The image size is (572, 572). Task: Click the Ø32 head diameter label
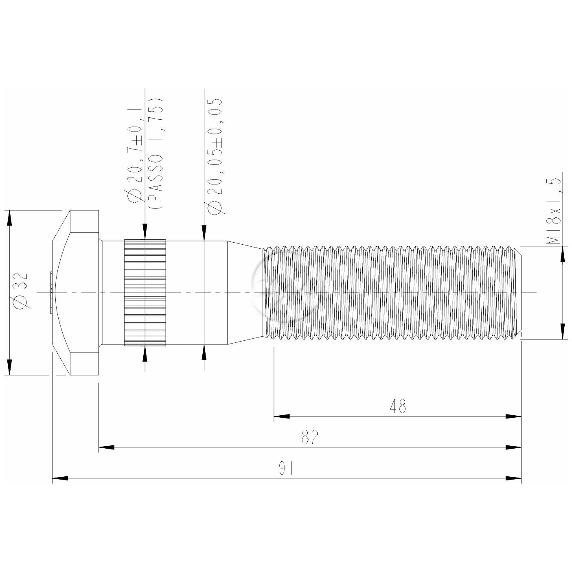22,291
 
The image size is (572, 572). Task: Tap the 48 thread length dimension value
398,406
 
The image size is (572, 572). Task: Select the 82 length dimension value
309,437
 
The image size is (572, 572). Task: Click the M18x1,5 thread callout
554,211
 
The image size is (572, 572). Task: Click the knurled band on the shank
145,293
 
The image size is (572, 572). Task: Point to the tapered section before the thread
245,293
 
